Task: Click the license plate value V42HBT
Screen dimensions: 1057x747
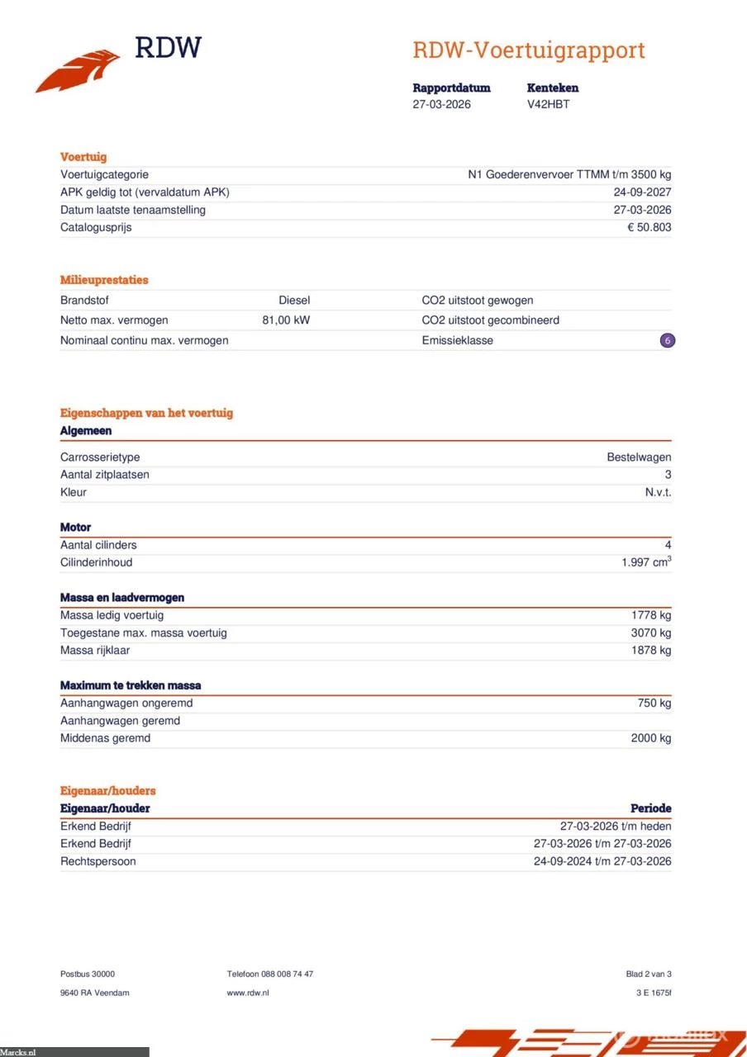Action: coord(548,105)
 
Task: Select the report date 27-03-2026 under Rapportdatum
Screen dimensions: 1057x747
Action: coord(441,105)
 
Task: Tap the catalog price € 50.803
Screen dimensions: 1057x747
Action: coord(649,227)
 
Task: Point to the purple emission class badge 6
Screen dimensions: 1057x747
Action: coord(668,340)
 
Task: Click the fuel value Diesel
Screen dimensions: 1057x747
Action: coord(294,301)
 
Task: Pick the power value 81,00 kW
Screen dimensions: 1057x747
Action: coord(286,320)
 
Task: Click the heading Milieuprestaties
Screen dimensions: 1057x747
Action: coord(104,280)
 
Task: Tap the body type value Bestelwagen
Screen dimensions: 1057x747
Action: coord(639,457)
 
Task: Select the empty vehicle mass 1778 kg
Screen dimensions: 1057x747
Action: coord(651,615)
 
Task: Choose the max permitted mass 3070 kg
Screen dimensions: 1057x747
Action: coord(651,633)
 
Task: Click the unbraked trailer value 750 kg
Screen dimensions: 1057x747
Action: coord(654,704)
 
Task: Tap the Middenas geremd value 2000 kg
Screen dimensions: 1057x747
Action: coord(651,738)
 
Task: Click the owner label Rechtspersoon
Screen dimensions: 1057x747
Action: coord(98,861)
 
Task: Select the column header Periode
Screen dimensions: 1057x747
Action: coord(651,808)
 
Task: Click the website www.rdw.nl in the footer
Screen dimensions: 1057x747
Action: coord(248,993)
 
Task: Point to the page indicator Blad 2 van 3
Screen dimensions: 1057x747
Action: coord(649,974)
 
